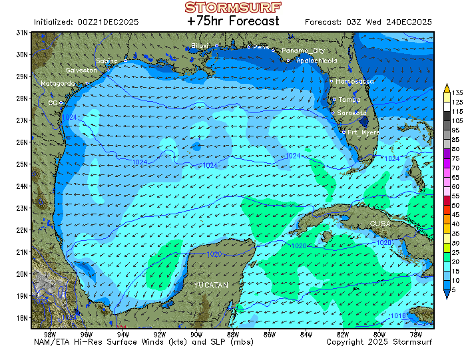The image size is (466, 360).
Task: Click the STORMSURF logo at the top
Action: (233, 7)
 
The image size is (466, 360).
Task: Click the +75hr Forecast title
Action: (233, 21)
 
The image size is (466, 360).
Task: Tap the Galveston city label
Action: (81, 70)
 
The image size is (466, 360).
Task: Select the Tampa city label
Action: (349, 100)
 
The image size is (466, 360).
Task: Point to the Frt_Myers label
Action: (363, 132)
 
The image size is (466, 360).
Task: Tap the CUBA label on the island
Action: (380, 224)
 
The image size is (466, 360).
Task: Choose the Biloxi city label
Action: (200, 45)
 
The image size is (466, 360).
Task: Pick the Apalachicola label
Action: (317, 61)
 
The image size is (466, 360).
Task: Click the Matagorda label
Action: (57, 83)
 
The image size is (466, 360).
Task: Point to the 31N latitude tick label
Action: (22, 33)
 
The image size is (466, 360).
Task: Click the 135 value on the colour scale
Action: (457, 92)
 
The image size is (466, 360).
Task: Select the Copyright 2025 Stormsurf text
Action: (379, 342)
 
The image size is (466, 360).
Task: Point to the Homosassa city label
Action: (355, 81)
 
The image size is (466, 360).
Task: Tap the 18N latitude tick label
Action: (22, 317)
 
